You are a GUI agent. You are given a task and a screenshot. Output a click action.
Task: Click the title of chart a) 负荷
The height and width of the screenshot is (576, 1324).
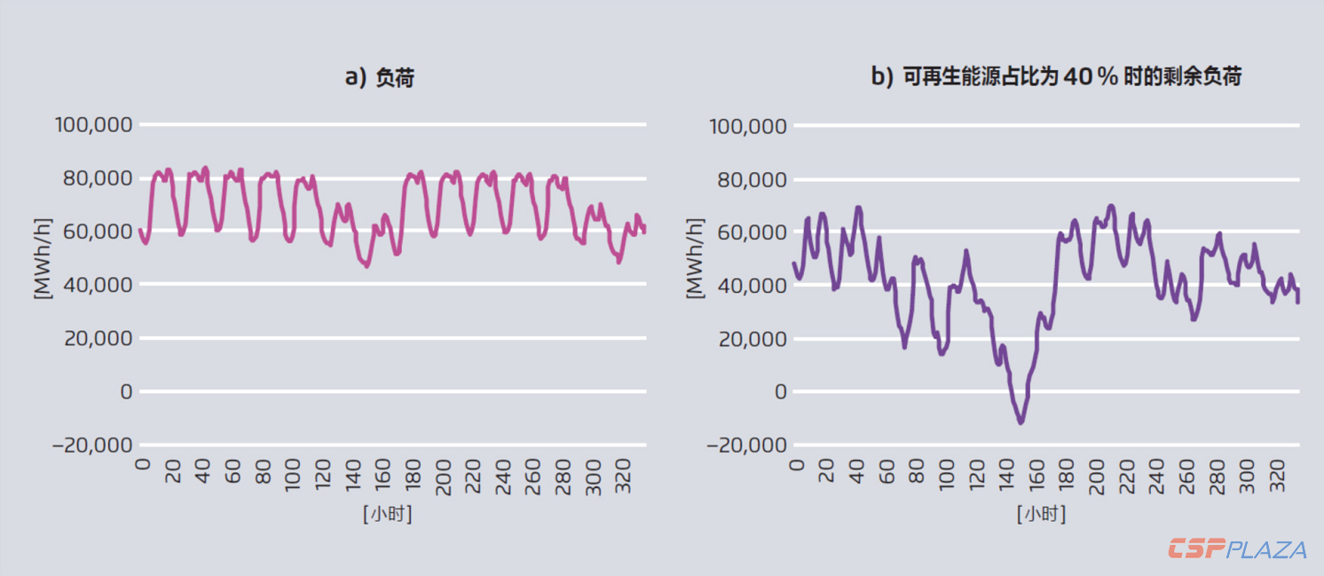(379, 78)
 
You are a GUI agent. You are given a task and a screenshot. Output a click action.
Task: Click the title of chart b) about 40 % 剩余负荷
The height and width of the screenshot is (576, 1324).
(1056, 77)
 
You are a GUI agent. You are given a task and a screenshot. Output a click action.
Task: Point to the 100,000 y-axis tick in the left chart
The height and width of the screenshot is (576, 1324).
(93, 125)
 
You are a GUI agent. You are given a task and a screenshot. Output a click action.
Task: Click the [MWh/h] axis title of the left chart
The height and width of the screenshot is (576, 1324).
(41, 258)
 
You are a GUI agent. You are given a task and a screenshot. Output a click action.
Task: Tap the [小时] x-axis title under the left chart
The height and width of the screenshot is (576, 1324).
(387, 514)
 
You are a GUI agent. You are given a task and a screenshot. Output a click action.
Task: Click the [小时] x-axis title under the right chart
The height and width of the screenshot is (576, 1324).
(1041, 514)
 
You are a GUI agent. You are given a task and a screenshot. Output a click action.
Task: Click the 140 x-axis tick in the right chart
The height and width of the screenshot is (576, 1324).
(1007, 470)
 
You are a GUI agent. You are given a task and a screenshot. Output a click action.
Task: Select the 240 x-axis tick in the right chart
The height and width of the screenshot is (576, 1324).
(1158, 470)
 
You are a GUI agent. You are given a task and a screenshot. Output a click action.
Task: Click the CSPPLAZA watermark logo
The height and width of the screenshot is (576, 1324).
(1237, 549)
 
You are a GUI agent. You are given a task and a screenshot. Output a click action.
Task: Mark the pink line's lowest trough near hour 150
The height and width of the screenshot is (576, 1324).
(366, 265)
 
